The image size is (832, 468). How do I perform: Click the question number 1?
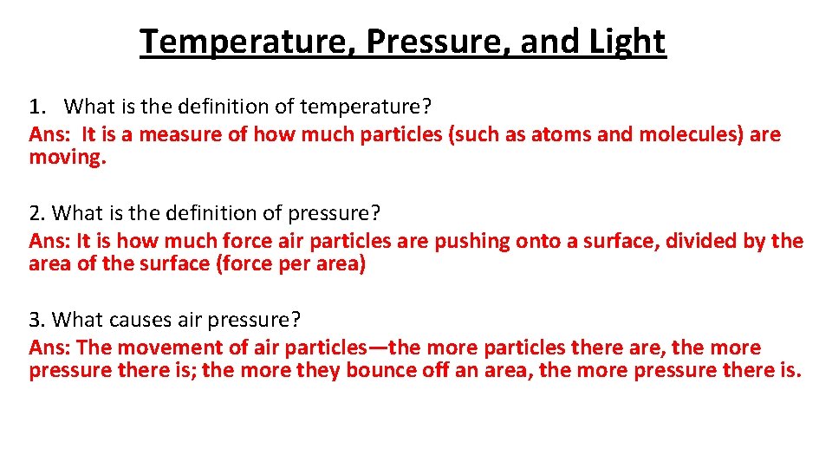coord(35,107)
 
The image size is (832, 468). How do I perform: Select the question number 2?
coord(36,213)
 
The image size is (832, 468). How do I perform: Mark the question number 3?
coord(36,320)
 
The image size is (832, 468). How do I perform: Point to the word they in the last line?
coord(319,371)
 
